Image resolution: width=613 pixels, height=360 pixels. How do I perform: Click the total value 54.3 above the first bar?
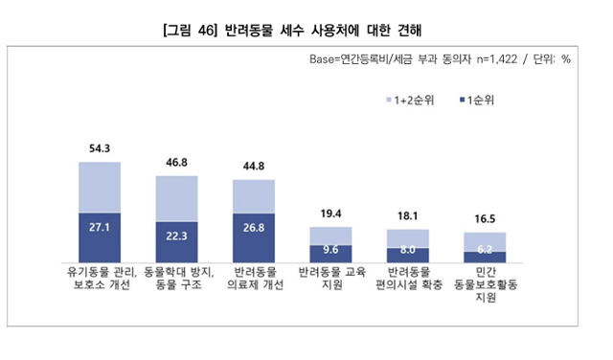[99, 148]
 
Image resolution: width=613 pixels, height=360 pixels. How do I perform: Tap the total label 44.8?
[254, 166]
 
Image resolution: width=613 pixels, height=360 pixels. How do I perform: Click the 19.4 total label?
[331, 214]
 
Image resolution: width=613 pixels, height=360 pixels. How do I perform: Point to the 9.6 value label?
[331, 251]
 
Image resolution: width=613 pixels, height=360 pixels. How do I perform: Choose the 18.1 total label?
[408, 216]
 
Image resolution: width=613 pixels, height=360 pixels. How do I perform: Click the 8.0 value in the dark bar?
[408, 252]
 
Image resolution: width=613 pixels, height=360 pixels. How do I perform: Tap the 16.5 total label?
[486, 219]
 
